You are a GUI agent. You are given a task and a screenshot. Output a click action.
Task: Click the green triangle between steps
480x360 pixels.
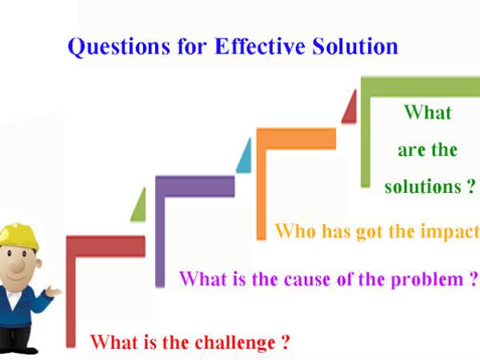tap(139, 205)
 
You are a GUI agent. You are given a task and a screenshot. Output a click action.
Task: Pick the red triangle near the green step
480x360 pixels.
tap(350, 109)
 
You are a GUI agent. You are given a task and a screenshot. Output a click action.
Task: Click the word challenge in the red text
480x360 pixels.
tap(232, 343)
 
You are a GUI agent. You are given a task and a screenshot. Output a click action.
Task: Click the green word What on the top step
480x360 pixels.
tap(427, 112)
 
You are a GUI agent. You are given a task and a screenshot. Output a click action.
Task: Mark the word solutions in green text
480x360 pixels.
tap(420, 187)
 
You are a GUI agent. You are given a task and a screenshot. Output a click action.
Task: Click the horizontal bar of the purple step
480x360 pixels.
tap(196, 186)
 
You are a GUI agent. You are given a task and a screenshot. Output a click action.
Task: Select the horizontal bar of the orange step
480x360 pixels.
tap(297, 138)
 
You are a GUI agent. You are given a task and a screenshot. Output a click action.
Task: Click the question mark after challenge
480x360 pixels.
tap(285, 343)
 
